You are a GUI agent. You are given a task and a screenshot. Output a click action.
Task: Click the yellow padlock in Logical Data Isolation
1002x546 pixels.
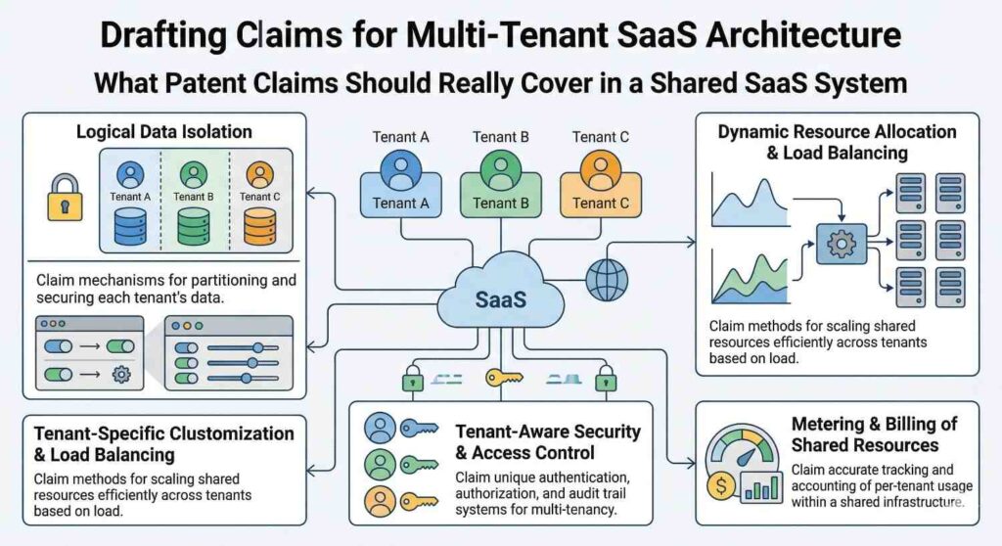65,199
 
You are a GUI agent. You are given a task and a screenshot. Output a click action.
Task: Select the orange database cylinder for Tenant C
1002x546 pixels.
258,226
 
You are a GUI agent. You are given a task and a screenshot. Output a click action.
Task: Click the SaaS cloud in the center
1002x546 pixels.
499,298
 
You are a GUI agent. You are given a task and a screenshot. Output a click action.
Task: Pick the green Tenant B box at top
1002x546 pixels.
496,191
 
